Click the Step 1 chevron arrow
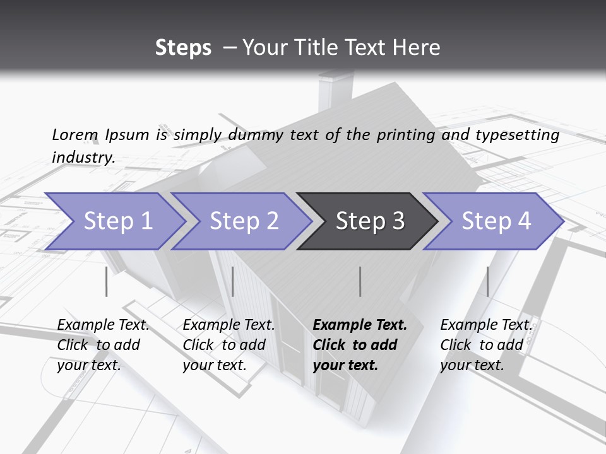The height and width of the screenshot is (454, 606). pyautogui.click(x=114, y=221)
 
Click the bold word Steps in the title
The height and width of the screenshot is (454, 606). pyautogui.click(x=183, y=47)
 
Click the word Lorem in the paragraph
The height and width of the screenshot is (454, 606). pyautogui.click(x=75, y=134)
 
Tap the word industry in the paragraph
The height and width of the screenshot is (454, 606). pyautogui.click(x=83, y=157)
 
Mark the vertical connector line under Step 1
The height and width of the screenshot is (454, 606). pyautogui.click(x=106, y=281)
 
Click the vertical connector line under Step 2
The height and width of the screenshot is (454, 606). pyautogui.click(x=233, y=281)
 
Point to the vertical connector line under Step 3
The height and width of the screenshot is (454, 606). pyautogui.click(x=360, y=281)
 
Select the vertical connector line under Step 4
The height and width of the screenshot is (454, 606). pyautogui.click(x=487, y=281)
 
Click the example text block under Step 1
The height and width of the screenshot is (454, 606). pyautogui.click(x=103, y=345)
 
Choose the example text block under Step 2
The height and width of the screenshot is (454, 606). pyautogui.click(x=229, y=345)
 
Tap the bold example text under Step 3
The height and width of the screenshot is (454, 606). pyautogui.click(x=360, y=345)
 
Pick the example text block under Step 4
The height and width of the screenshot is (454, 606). pyautogui.click(x=486, y=345)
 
